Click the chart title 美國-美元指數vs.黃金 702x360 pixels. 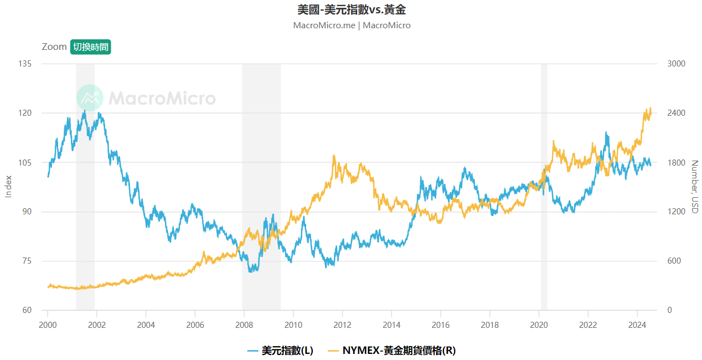tap(351, 10)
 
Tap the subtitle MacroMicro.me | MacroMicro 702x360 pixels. tap(351, 25)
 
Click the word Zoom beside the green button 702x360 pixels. tap(54, 47)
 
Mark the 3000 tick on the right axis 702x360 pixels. tap(676, 64)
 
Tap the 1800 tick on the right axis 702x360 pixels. tap(676, 162)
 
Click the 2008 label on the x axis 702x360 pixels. tap(244, 325)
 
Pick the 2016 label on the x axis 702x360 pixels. tap(441, 325)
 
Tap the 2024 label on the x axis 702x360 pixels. tap(637, 325)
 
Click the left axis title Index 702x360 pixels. tap(8, 187)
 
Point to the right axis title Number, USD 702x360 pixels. tap(695, 187)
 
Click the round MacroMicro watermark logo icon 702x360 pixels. tap(90, 99)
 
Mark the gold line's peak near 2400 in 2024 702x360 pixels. tap(650, 109)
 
